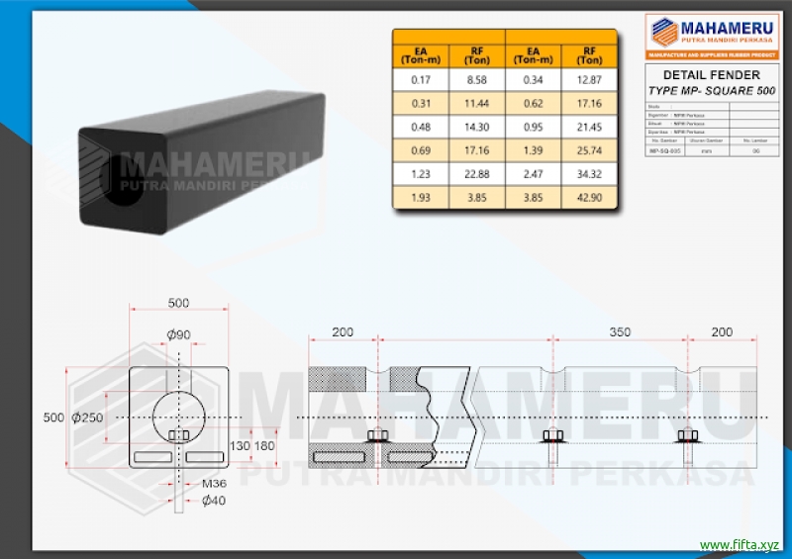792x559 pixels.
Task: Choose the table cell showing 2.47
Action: coord(534,174)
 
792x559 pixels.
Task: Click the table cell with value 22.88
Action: coord(477,174)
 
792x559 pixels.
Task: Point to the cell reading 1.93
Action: coord(421,198)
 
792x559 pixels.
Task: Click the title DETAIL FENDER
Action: coord(710,75)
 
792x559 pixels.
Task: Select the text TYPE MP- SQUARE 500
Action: coord(711,90)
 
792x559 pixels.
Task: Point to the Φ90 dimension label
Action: coord(178,335)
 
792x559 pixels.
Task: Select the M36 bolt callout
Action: coord(214,484)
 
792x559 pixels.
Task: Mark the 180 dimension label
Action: coord(265,446)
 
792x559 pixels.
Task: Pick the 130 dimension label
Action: coord(240,446)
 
